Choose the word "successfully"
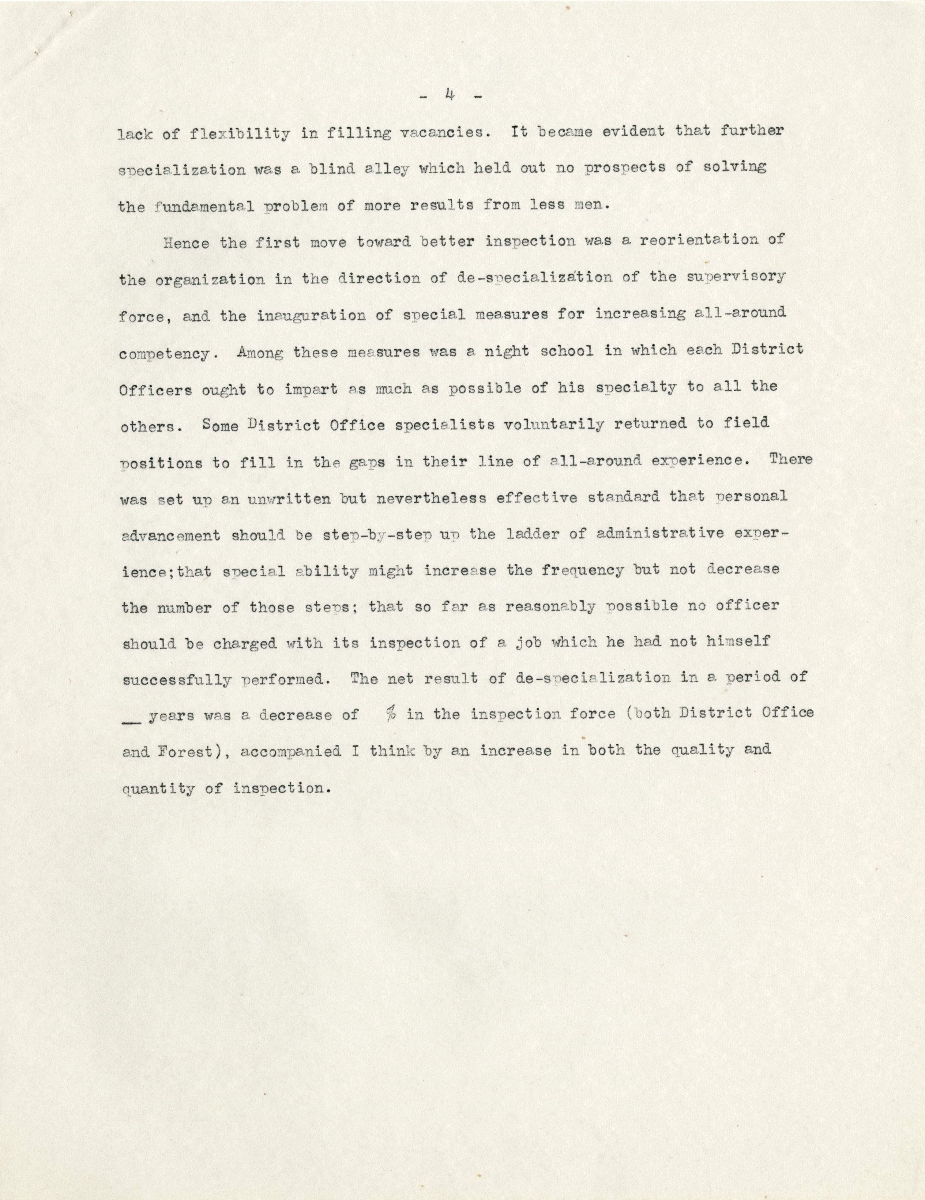(x=176, y=680)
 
